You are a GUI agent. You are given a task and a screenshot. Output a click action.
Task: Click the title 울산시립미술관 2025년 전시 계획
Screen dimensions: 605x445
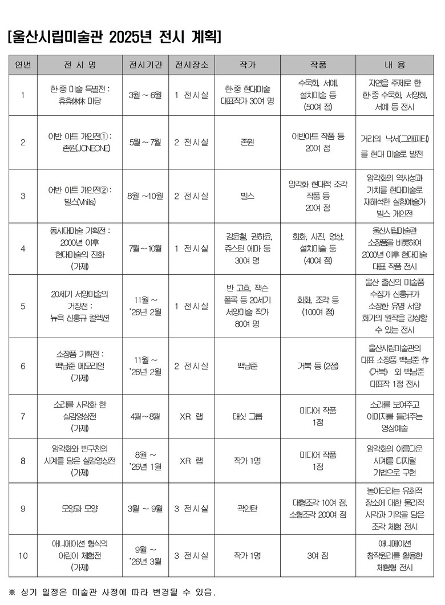coord(114,38)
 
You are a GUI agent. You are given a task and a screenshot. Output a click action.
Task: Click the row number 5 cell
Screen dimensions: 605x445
coord(23,306)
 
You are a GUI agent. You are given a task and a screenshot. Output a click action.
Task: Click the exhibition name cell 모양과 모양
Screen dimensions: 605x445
coord(79,509)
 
